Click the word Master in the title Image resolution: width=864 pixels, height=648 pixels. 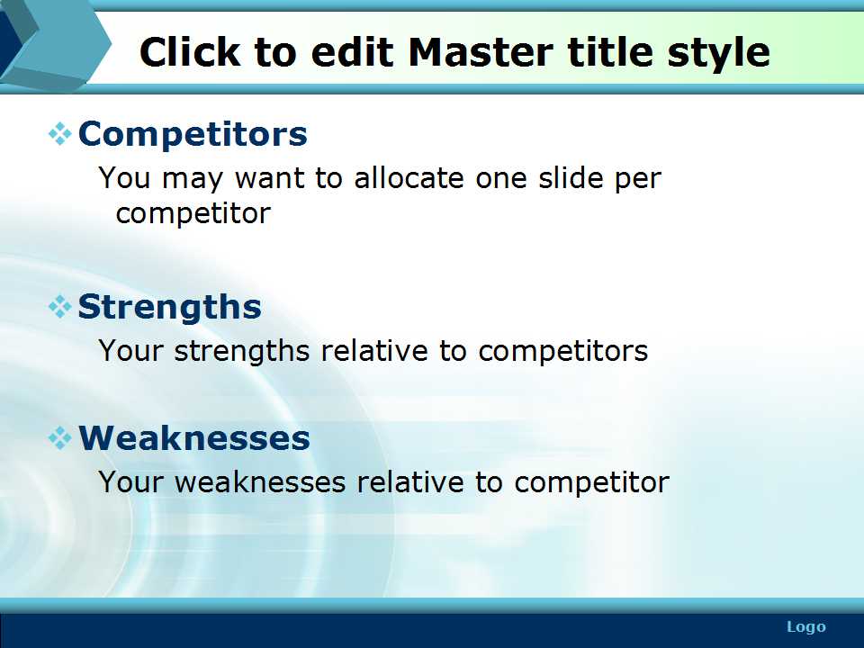[481, 52]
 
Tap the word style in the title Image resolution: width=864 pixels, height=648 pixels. [718, 53]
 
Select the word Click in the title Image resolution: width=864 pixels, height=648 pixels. [190, 52]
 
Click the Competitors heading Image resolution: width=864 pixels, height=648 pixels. [193, 134]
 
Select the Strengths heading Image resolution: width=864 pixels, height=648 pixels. [169, 307]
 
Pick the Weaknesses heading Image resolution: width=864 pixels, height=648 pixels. [194, 438]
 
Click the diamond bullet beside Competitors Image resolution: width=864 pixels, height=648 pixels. [60, 134]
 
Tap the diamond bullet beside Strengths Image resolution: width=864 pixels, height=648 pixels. [60, 307]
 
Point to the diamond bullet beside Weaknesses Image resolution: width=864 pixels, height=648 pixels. [60, 438]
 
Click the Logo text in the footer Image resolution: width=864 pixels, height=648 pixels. [806, 627]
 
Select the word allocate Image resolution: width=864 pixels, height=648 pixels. [409, 178]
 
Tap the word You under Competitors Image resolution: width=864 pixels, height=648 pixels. [124, 178]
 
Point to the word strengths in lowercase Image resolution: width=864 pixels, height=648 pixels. [242, 352]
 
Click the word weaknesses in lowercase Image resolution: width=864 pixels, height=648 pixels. [260, 482]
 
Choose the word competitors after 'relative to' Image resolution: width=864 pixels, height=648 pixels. [562, 352]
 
